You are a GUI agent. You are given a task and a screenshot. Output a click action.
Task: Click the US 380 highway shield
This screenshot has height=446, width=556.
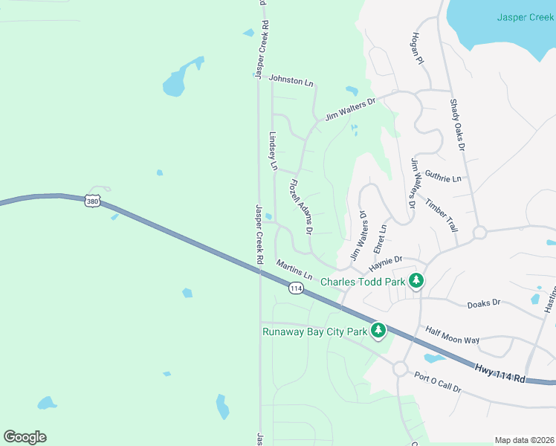point(92,201)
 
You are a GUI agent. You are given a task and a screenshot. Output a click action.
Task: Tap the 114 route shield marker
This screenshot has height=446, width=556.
point(296,288)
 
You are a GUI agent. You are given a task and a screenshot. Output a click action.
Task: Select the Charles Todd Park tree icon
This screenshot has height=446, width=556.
point(418,281)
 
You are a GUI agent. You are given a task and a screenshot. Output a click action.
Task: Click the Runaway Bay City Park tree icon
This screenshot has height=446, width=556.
point(378,330)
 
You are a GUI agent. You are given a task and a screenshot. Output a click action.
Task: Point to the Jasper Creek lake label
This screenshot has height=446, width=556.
point(526,16)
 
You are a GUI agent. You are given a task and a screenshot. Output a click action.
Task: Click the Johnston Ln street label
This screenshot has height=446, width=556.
point(291,79)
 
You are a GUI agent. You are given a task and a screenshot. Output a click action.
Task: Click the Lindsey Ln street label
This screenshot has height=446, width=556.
point(272,152)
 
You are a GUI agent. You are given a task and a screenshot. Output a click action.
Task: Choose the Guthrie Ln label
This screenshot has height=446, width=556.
point(443,178)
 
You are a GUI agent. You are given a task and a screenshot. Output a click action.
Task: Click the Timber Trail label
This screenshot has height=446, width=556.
point(442,213)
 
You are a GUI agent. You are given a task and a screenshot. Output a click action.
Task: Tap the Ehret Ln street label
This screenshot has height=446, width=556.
point(381,237)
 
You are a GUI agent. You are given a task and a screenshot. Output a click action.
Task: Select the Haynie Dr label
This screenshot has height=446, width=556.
point(385,261)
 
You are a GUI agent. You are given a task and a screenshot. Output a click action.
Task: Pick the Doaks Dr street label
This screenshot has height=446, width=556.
point(484,303)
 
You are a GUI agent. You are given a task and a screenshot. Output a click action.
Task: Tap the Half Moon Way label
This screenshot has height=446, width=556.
point(452,334)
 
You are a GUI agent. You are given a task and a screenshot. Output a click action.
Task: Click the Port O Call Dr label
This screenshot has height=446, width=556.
point(438,382)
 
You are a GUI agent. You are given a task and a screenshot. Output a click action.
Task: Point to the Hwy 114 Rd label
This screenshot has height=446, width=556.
point(500,372)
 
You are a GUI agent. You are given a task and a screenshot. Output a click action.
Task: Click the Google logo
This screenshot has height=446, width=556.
point(25,437)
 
